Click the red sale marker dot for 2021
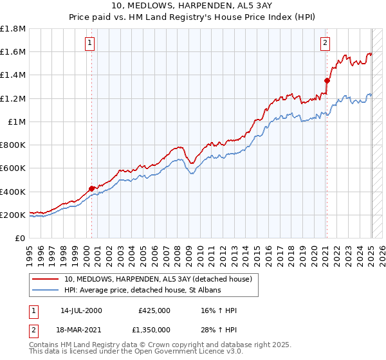(327, 80)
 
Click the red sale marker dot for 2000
(91, 188)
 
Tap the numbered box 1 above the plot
(89, 43)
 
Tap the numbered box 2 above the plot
(326, 43)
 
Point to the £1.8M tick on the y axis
(14, 29)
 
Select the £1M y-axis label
(17, 122)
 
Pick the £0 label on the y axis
(21, 238)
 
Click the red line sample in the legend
(46, 279)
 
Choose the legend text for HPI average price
(142, 291)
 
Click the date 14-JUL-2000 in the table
(81, 310)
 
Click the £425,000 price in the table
(154, 310)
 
